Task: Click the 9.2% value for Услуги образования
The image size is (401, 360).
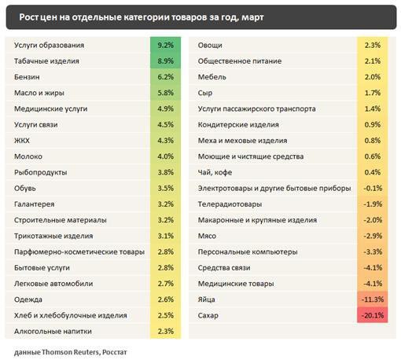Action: coord(165,45)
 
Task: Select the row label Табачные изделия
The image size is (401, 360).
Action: coord(46,61)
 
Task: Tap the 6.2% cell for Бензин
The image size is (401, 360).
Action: coord(165,77)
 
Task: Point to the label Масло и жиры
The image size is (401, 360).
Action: coord(39,93)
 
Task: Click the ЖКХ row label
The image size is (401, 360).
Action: coord(22,141)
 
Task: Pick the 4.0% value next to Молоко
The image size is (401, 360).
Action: coord(165,156)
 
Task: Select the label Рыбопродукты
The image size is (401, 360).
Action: coord(40,172)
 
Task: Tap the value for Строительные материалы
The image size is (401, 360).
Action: coord(165,220)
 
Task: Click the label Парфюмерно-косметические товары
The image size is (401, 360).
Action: coord(79,252)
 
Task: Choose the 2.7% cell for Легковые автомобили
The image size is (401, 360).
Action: coord(165,284)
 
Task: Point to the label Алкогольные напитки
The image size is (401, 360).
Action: coord(53,331)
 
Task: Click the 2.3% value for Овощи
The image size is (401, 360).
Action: coord(373,45)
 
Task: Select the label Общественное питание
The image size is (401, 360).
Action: coord(240,61)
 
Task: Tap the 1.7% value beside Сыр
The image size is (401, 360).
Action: coord(373,93)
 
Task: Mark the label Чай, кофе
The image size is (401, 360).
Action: coord(215,172)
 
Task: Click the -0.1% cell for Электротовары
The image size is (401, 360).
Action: coord(373,188)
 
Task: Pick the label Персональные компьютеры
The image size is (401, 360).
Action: coord(248,252)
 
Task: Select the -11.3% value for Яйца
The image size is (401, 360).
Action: coord(373,299)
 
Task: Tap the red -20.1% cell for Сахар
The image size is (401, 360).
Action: coord(373,315)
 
